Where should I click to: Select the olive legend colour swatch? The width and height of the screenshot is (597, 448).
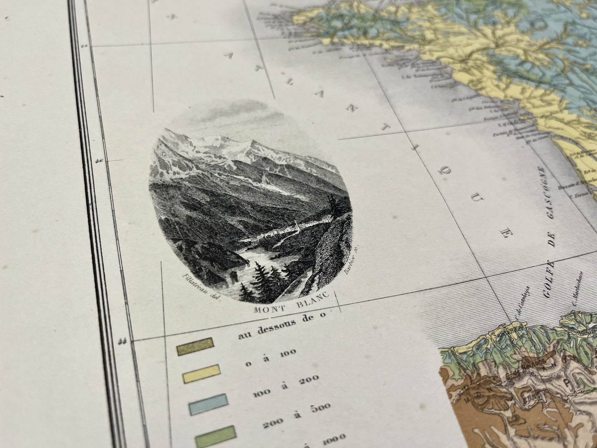(x=195, y=346)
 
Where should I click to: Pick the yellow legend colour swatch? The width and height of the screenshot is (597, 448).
(x=200, y=374)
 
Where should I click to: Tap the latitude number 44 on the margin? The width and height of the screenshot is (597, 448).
(x=121, y=341)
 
